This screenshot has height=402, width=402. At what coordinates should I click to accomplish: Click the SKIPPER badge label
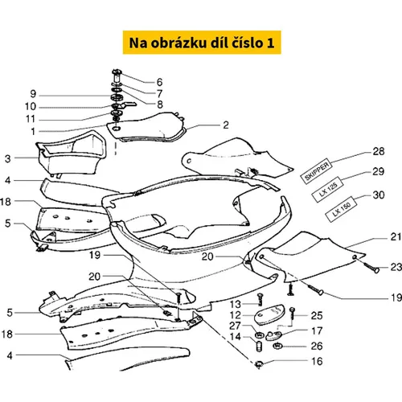pos(317,171)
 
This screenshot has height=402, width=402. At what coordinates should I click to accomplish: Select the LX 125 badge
pos(328,189)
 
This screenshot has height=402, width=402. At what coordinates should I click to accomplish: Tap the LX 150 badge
pos(342,210)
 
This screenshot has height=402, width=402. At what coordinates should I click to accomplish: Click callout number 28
pos(379,151)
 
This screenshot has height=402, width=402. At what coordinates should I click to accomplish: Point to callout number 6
pos(159,82)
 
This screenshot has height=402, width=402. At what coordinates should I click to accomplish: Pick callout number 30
pos(379,195)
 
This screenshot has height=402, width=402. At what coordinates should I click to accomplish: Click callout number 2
pos(226,125)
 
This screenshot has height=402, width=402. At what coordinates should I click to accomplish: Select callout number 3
pos(8,158)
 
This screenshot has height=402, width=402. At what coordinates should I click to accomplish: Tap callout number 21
pos(396,236)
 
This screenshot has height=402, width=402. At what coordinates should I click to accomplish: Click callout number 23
pos(396,267)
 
